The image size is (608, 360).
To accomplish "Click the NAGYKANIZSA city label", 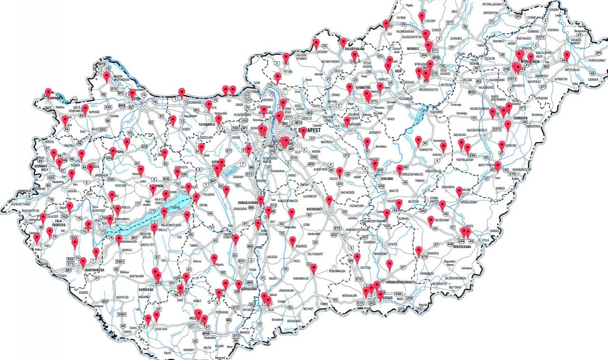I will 97,269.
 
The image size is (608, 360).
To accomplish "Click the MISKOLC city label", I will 413,48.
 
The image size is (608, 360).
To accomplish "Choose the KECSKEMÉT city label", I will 318,209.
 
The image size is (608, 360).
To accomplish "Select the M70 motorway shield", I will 44,264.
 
